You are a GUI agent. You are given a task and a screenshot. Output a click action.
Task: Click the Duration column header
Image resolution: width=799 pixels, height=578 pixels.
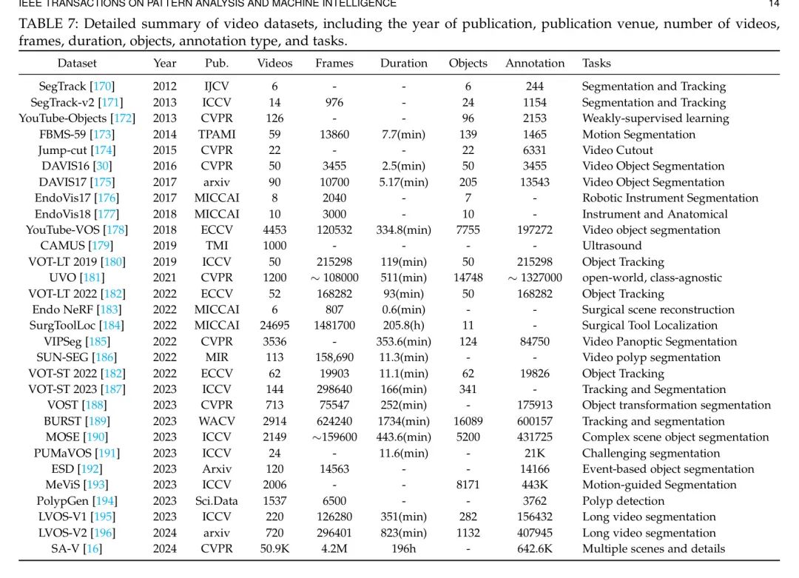pos(404,64)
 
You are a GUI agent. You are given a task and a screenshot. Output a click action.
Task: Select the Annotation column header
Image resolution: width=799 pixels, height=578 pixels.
pos(535,64)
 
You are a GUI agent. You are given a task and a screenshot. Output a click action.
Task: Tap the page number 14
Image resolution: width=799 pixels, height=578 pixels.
pos(774,4)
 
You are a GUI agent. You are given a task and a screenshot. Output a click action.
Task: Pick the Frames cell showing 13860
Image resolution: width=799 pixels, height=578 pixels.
pos(334,135)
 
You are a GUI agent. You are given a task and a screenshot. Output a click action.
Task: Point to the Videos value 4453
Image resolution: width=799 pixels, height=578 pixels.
pos(274,230)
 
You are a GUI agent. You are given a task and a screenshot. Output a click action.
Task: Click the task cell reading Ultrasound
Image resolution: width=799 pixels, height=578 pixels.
pos(612,246)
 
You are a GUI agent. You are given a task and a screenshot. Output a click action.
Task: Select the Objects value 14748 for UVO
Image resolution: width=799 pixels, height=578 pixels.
pos(468,278)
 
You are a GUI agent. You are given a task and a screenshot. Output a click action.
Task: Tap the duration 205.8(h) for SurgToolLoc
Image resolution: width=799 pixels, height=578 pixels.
pos(404,326)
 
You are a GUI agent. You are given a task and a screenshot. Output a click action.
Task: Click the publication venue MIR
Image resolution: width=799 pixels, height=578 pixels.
pos(217,357)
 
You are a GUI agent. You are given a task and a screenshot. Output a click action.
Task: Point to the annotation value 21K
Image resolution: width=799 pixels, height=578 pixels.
pos(535,454)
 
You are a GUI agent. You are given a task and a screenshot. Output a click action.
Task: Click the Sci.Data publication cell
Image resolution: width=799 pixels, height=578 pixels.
pos(217,501)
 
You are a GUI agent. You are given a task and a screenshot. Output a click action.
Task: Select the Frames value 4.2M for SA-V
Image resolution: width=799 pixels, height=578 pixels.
pos(334,549)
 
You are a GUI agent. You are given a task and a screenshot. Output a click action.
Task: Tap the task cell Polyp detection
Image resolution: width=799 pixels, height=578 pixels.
pos(623,501)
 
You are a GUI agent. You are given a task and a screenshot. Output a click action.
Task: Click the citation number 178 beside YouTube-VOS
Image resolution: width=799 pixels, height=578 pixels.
pos(116,230)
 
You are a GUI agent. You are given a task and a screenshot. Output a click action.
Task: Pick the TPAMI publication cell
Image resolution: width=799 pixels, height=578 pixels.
pos(217,135)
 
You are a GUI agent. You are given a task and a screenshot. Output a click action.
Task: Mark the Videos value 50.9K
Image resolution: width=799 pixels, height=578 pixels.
pos(274,549)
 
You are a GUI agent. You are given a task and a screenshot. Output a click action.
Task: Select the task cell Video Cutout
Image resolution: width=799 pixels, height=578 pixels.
pos(618,150)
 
